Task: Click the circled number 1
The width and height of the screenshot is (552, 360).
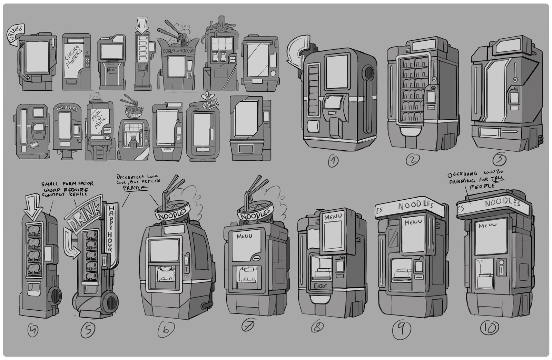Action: [x=333, y=161]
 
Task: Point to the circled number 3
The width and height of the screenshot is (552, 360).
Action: [x=500, y=159]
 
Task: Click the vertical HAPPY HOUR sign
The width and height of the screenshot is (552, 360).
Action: [x=109, y=227]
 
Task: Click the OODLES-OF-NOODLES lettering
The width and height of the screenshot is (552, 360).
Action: [x=178, y=51]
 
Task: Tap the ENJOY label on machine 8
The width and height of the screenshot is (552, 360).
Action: [x=320, y=286]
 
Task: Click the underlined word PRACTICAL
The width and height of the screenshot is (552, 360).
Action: [x=136, y=187]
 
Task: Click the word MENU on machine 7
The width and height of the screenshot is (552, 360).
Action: [x=244, y=236]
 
